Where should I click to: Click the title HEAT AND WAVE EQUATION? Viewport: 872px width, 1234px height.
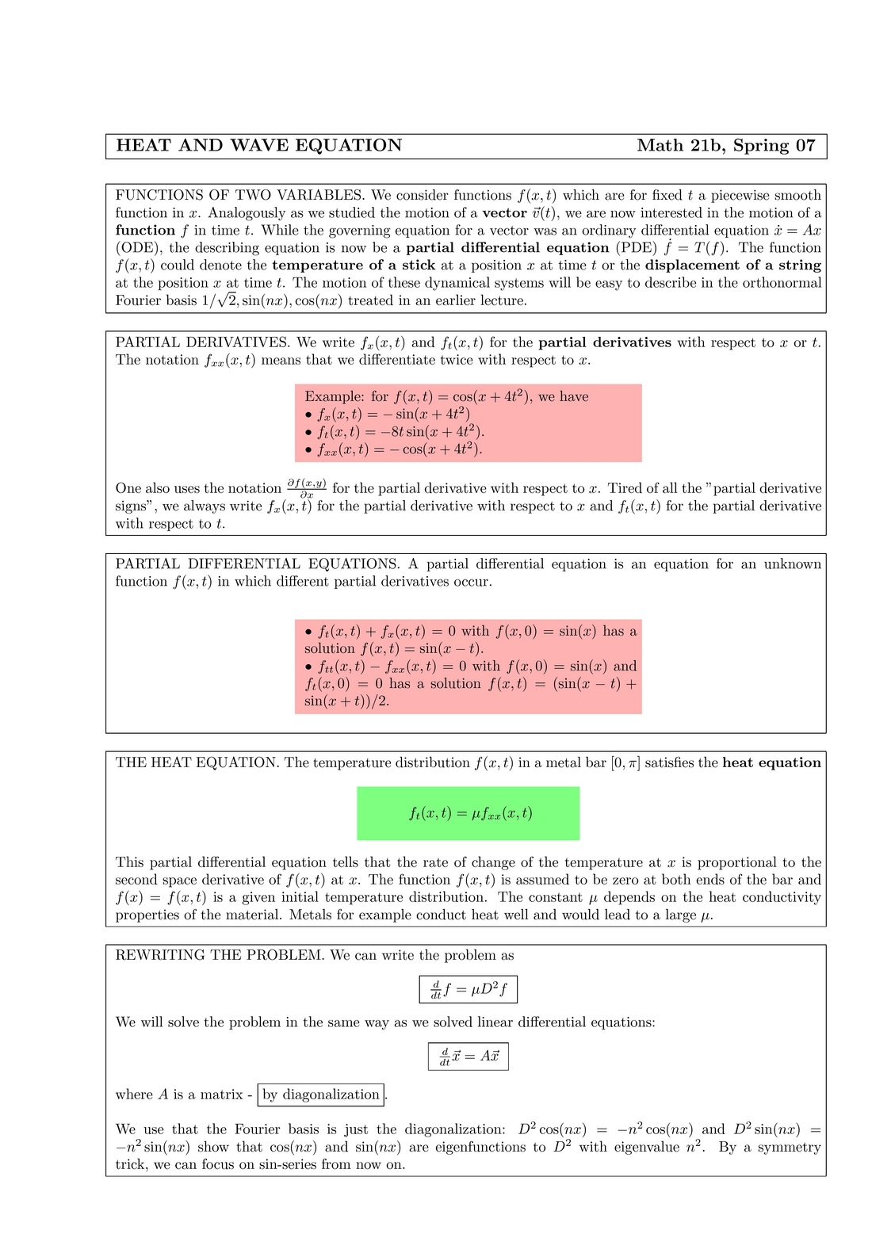coord(259,146)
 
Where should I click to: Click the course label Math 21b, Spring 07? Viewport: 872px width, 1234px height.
coord(725,146)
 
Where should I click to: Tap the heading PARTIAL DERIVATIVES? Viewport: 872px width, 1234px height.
coord(203,343)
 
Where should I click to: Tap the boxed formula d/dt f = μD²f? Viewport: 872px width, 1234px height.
coord(469,990)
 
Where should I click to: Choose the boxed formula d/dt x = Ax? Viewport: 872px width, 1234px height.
coord(469,1056)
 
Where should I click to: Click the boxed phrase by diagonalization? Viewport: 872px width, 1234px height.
coord(322,1095)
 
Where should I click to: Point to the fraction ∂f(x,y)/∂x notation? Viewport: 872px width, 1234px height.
coord(307,488)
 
